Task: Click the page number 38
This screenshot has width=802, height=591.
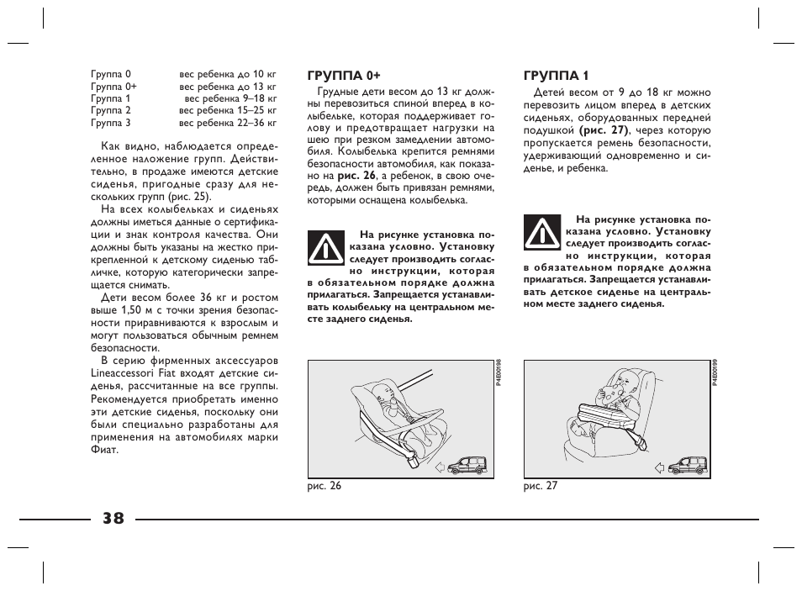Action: click(113, 519)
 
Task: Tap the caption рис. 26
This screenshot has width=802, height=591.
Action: click(324, 486)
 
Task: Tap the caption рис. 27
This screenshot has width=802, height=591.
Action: click(541, 486)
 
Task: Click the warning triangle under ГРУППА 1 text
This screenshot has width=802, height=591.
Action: click(541, 232)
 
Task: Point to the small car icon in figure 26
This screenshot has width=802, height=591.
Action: click(467, 464)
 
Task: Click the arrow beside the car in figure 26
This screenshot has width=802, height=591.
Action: click(441, 467)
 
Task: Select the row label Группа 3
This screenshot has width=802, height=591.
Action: click(111, 123)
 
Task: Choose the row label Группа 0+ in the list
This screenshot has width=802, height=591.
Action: click(113, 87)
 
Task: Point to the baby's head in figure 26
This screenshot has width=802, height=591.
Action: click(383, 393)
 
